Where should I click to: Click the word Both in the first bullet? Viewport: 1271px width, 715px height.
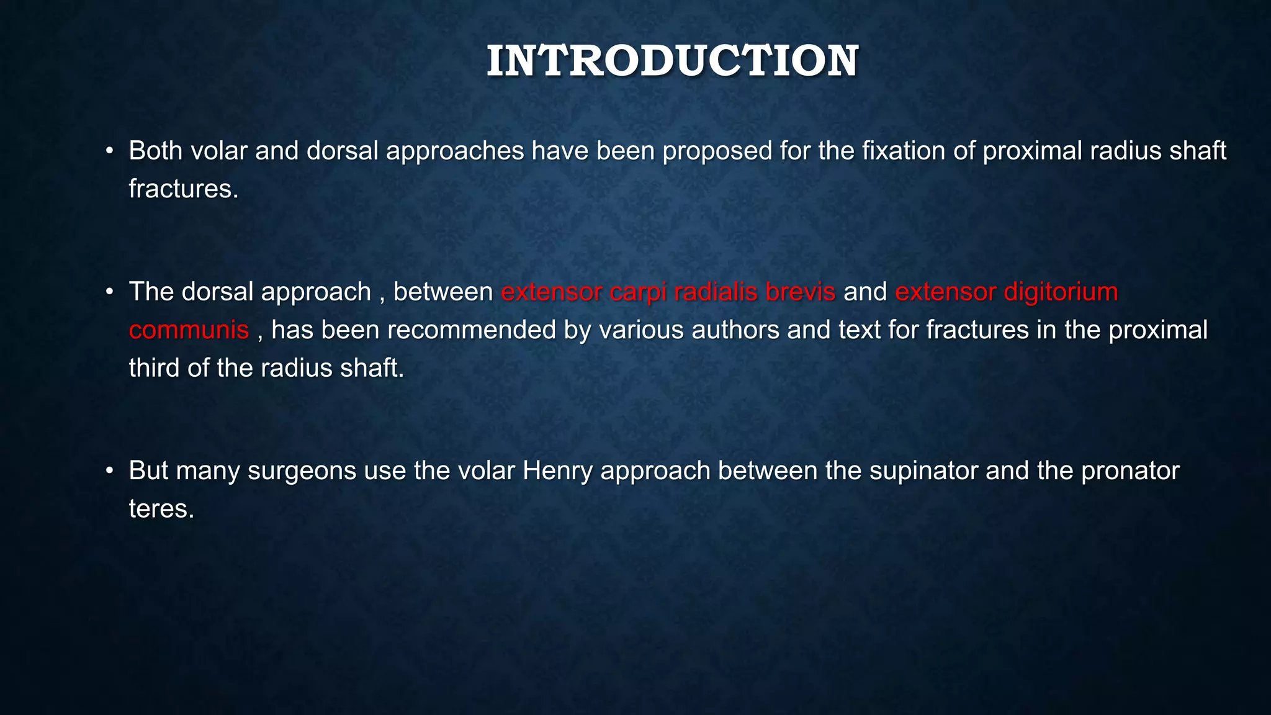point(155,151)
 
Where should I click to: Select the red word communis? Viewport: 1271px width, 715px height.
point(189,330)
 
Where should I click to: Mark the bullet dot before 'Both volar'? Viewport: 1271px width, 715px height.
point(110,151)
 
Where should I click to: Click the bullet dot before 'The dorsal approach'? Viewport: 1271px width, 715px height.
point(110,292)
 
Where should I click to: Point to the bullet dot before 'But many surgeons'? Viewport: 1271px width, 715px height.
point(110,470)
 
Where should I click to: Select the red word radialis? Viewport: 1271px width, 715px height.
point(716,292)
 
